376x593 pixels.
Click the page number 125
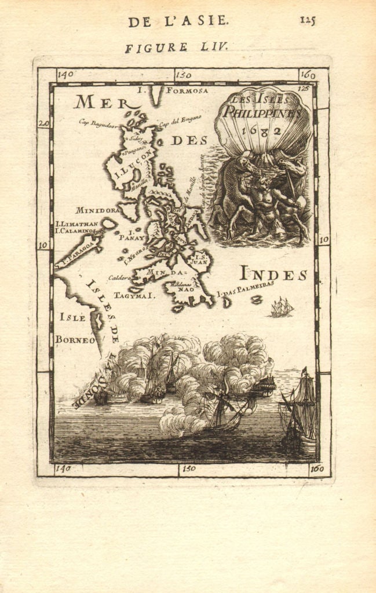[308, 20]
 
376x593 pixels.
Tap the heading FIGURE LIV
[176, 47]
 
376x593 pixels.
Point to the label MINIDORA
[97, 210]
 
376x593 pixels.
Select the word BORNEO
[75, 340]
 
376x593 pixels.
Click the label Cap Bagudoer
[98, 123]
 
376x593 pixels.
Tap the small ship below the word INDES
[282, 308]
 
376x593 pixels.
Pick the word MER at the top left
[100, 103]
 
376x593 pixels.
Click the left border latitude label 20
[44, 123]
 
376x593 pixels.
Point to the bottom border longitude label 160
[316, 468]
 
